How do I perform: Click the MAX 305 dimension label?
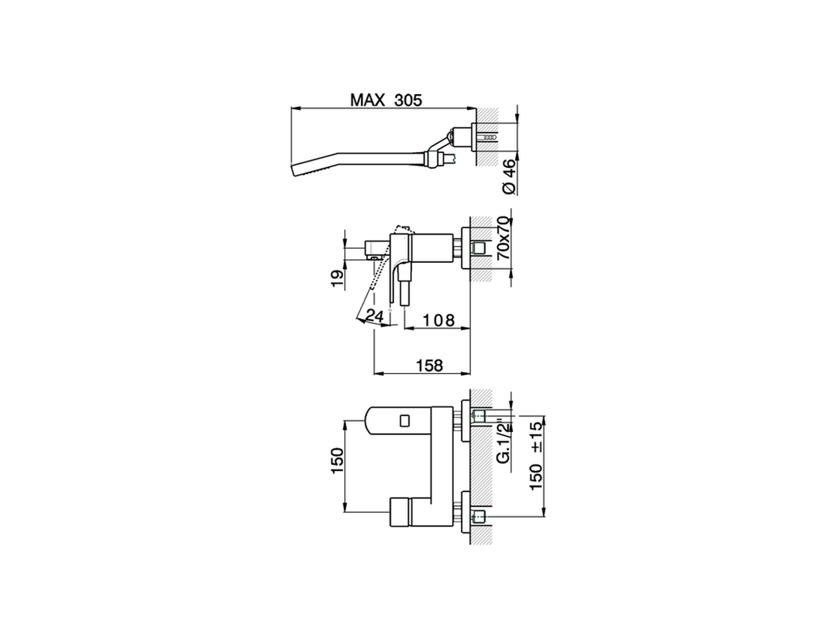(386, 100)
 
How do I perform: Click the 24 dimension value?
(375, 315)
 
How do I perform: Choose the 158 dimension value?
(430, 366)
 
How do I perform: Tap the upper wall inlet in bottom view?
(478, 415)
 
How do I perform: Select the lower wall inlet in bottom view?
(478, 515)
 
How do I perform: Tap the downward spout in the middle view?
(405, 290)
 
